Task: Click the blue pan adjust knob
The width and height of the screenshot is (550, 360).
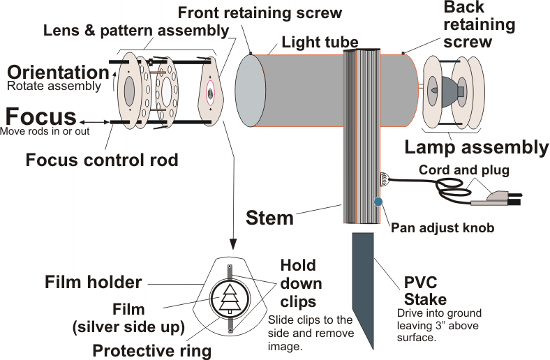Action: pos(378,202)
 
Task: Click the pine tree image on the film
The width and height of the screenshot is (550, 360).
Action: pos(230,299)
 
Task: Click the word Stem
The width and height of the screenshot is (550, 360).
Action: pos(269,218)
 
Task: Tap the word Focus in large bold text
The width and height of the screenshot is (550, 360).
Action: pos(41,117)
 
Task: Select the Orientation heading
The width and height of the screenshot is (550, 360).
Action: pos(58,73)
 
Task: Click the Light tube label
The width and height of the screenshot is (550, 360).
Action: pos(320,43)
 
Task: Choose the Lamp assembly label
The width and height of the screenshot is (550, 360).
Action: pos(476,147)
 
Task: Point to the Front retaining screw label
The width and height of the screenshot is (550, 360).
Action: pos(260,13)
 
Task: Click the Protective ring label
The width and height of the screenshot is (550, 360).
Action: pos(152,350)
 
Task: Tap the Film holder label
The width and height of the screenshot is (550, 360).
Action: pos(94,282)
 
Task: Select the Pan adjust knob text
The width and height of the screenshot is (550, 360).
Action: pos(443,228)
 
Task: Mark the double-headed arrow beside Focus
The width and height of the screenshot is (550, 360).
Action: pos(94,122)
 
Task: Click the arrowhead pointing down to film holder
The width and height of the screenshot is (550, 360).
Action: pos(233,244)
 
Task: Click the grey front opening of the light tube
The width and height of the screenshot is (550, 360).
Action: pos(250,91)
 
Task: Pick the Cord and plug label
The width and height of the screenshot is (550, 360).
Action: pos(464,170)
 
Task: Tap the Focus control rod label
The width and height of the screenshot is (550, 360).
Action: pos(102,160)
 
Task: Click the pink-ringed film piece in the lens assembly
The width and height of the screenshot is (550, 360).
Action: pos(211,93)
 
